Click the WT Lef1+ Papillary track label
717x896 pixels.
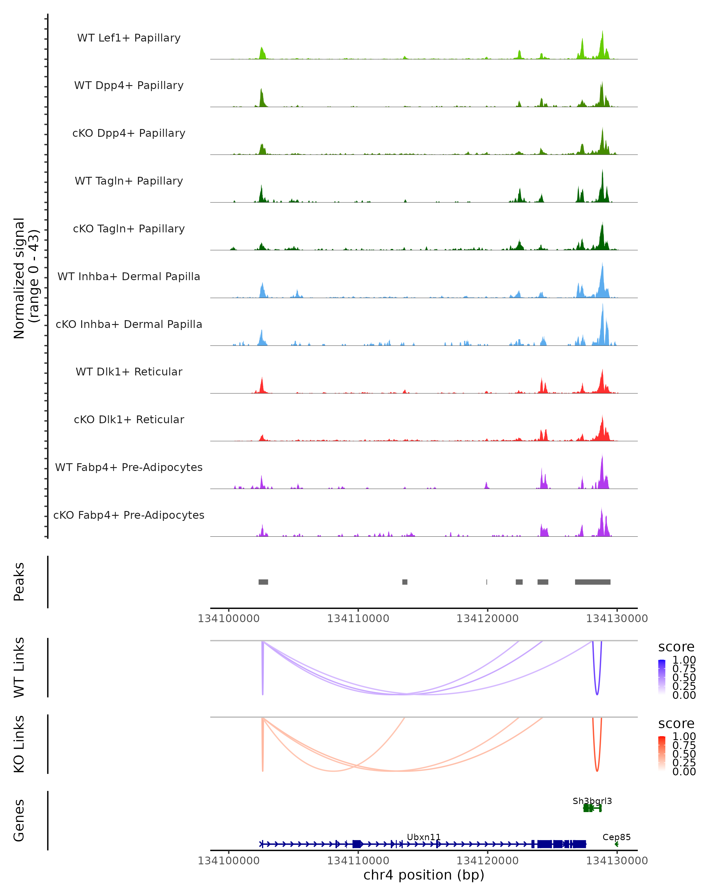tap(129, 38)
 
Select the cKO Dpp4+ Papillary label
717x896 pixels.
tap(129, 134)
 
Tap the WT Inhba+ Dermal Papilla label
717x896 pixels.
tap(129, 277)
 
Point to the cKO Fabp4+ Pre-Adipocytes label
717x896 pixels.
tap(129, 515)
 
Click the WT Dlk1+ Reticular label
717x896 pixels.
tap(129, 372)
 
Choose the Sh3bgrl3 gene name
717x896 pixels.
tap(592, 801)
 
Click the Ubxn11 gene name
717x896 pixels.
tap(424, 837)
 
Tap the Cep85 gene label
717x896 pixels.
tap(616, 837)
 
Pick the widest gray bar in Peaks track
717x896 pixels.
tap(592, 582)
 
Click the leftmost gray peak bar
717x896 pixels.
tap(263, 582)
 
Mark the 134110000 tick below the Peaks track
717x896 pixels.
tap(358, 619)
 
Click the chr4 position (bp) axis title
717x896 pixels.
tap(424, 875)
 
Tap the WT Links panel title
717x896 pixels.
tap(19, 668)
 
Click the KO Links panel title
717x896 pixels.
tap(19, 744)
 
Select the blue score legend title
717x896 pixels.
tap(676, 647)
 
